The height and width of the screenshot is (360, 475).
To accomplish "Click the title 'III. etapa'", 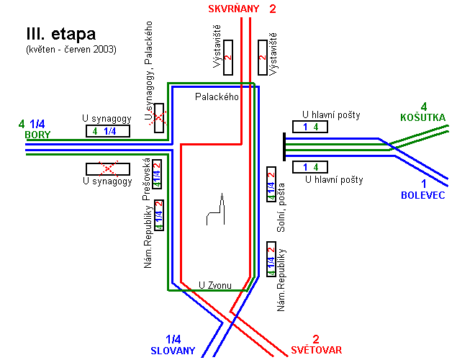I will point(60,34).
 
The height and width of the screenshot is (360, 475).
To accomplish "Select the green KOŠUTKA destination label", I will point(423,117).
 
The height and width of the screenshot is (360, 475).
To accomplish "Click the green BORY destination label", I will point(37,135).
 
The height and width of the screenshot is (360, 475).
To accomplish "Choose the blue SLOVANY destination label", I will point(173,351).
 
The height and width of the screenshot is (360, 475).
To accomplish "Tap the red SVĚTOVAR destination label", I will point(317,351).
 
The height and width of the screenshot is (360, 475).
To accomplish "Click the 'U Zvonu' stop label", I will point(215,286).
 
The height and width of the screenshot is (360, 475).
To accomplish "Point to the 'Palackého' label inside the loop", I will point(217,96).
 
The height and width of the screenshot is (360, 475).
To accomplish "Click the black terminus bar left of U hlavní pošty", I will point(284,148).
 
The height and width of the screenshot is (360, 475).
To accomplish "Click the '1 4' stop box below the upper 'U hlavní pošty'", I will point(311,167).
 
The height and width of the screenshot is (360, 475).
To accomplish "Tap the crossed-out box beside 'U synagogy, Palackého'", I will point(159,117).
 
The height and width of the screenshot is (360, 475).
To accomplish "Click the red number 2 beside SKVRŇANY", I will point(272,9).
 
